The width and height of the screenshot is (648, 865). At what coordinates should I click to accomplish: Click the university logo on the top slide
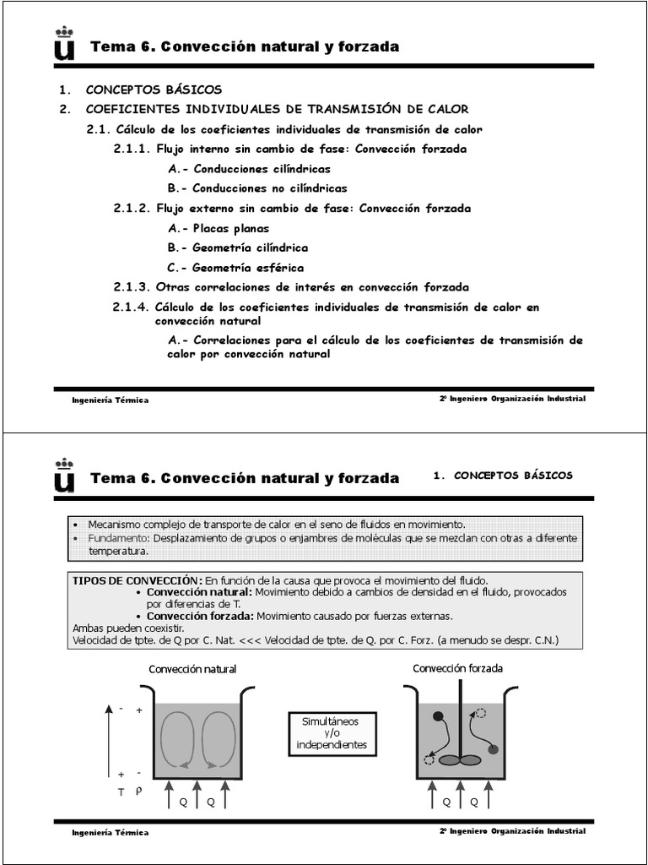coord(64,45)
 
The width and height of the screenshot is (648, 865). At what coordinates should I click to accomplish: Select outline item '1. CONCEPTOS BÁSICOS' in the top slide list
coord(140,90)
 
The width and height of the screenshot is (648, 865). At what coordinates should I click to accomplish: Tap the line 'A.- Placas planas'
coord(219,228)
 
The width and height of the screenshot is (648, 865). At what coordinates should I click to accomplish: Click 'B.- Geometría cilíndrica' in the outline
coord(238,248)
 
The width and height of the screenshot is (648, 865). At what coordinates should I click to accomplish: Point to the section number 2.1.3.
coord(132,287)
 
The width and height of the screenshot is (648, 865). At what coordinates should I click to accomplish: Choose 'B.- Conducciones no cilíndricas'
coord(257,188)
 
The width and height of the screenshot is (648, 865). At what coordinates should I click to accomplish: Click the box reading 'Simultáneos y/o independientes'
coord(332,733)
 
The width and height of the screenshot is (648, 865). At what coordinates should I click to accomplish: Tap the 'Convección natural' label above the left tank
coord(192,669)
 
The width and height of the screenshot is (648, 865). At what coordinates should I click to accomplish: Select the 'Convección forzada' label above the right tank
coord(457,668)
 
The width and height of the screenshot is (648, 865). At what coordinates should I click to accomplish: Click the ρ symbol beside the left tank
coord(139,792)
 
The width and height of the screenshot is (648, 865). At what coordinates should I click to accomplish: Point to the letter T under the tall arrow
coord(121,792)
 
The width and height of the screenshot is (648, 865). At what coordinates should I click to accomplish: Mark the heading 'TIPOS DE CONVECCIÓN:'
coord(138,580)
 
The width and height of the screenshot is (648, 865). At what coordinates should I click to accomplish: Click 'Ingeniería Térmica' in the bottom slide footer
coord(110,832)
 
